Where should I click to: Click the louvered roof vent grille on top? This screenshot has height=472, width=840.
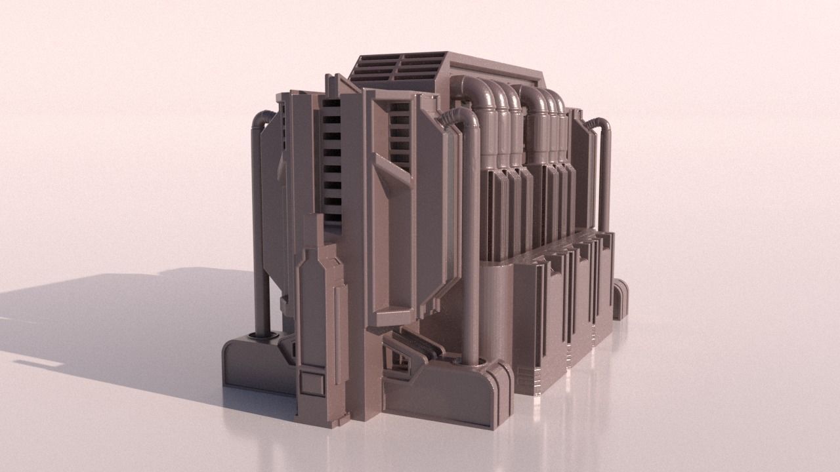point(397,66)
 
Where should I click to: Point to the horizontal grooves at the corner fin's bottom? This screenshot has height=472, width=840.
point(528,376)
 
